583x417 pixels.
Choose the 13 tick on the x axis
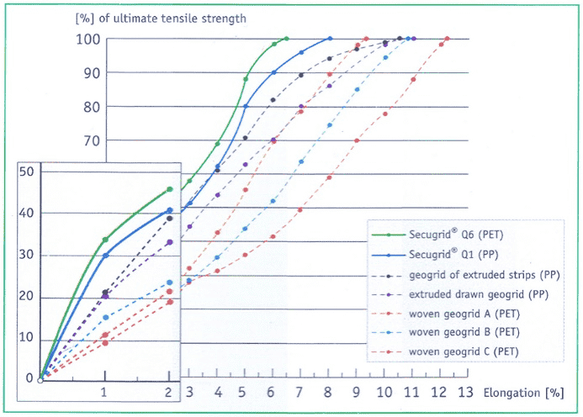click(464, 393)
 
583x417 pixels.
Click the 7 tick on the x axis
click(299, 393)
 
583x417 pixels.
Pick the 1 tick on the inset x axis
click(104, 393)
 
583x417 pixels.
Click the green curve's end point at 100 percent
click(286, 39)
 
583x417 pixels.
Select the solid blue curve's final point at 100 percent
click(330, 39)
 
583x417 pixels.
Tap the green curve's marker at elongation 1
click(104, 240)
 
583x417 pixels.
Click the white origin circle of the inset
click(40, 380)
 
